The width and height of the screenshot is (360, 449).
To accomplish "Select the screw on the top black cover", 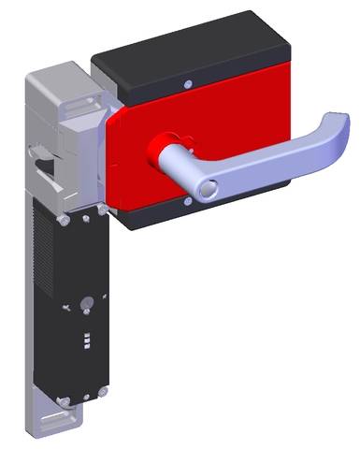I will (x=191, y=84).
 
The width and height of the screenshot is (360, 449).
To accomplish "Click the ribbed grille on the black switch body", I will (x=43, y=281).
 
